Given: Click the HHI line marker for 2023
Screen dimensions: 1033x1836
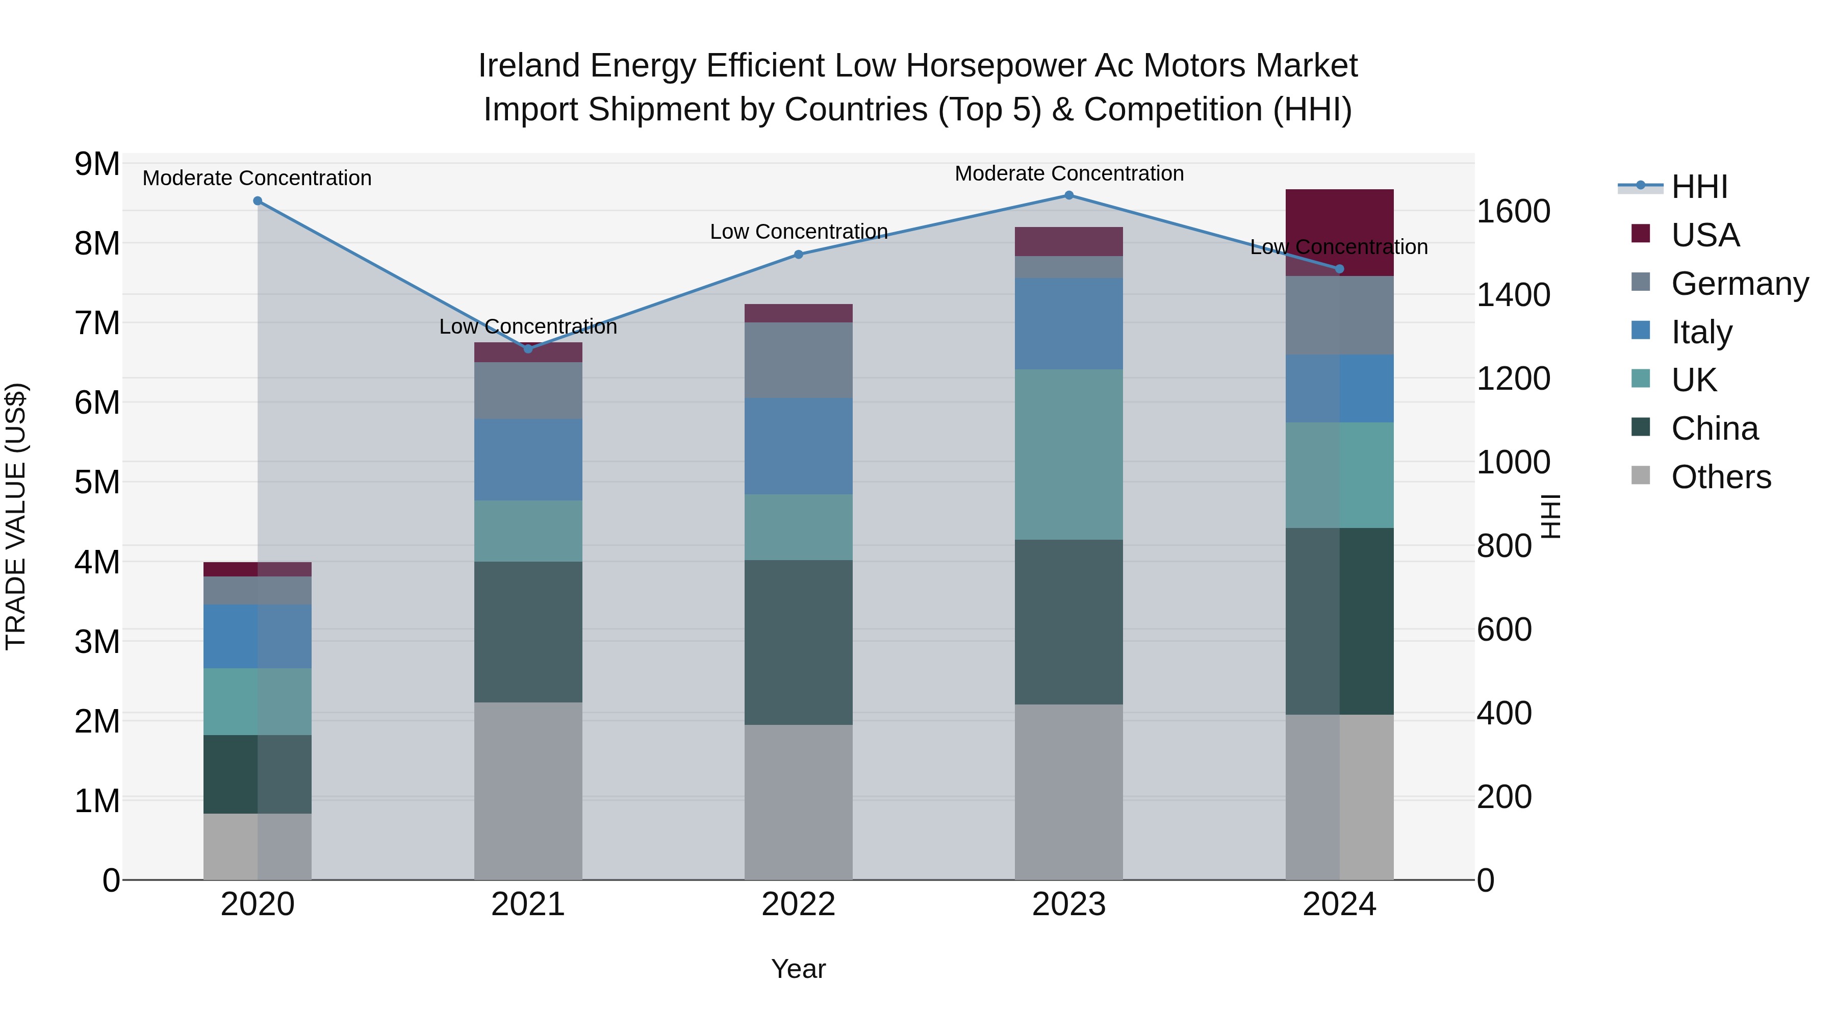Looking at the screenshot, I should tap(1068, 195).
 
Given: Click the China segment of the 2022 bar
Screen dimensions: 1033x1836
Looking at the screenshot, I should tap(798, 642).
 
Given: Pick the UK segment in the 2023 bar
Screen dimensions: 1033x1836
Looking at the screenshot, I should tap(1068, 454).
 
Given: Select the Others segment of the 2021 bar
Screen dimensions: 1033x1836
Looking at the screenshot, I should tap(528, 791).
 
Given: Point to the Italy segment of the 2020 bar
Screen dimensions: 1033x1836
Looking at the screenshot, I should tap(258, 636).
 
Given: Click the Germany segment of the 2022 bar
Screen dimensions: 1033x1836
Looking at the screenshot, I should tap(798, 360).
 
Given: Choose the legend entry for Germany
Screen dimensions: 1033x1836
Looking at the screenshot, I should tap(1739, 284).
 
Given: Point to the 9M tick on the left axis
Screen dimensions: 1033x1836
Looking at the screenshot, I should tap(97, 164).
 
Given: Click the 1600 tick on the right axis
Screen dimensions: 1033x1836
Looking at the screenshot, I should tap(1513, 212).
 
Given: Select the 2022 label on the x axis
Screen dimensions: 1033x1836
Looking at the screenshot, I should tap(798, 904).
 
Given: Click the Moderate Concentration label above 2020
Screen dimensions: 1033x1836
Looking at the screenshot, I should tap(258, 178).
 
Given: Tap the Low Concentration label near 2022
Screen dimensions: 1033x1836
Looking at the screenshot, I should tap(798, 232).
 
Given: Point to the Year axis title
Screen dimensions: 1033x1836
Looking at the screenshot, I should tap(798, 969).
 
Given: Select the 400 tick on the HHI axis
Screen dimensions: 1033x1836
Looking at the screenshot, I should tap(1504, 713).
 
